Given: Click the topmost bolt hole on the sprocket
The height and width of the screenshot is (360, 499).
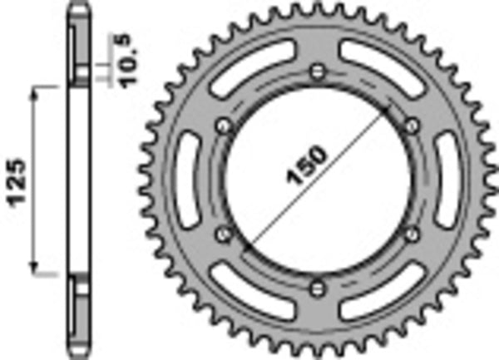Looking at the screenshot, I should (317, 71).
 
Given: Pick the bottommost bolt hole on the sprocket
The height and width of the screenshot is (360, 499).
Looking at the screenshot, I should (317, 288).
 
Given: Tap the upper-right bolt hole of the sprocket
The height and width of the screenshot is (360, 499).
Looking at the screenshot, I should (411, 126).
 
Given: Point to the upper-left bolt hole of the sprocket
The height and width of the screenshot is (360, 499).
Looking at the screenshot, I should (222, 126).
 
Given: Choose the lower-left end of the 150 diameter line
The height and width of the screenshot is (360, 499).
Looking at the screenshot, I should (246, 249).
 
